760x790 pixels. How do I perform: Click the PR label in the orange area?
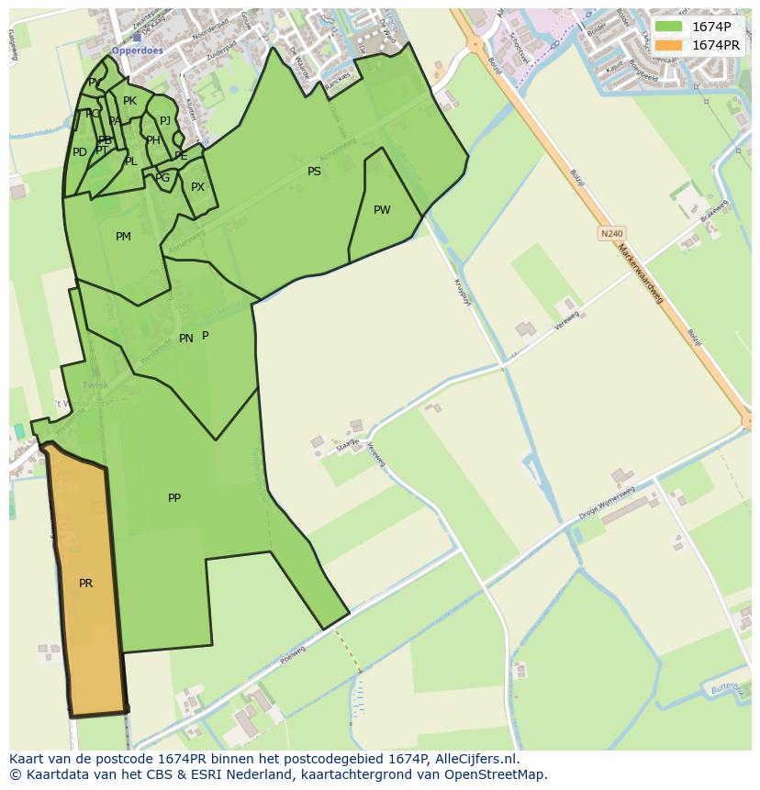click(85, 584)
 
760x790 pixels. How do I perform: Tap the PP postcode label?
click(174, 498)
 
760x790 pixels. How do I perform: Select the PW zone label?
click(382, 210)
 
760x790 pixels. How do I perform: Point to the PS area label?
click(314, 172)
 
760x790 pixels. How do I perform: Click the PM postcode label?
click(123, 237)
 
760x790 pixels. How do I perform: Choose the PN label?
click(185, 339)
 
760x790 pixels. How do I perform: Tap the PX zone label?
click(197, 187)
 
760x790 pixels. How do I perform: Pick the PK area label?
click(129, 101)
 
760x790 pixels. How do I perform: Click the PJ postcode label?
click(165, 121)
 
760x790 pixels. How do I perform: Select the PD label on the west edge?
click(80, 152)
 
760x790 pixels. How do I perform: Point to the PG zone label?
click(162, 178)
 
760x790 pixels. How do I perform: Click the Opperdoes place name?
click(137, 50)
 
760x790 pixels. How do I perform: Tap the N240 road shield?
click(611, 234)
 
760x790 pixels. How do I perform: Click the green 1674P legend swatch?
click(669, 27)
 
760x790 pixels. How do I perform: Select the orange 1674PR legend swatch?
click(669, 45)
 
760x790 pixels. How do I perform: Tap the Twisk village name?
click(95, 385)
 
